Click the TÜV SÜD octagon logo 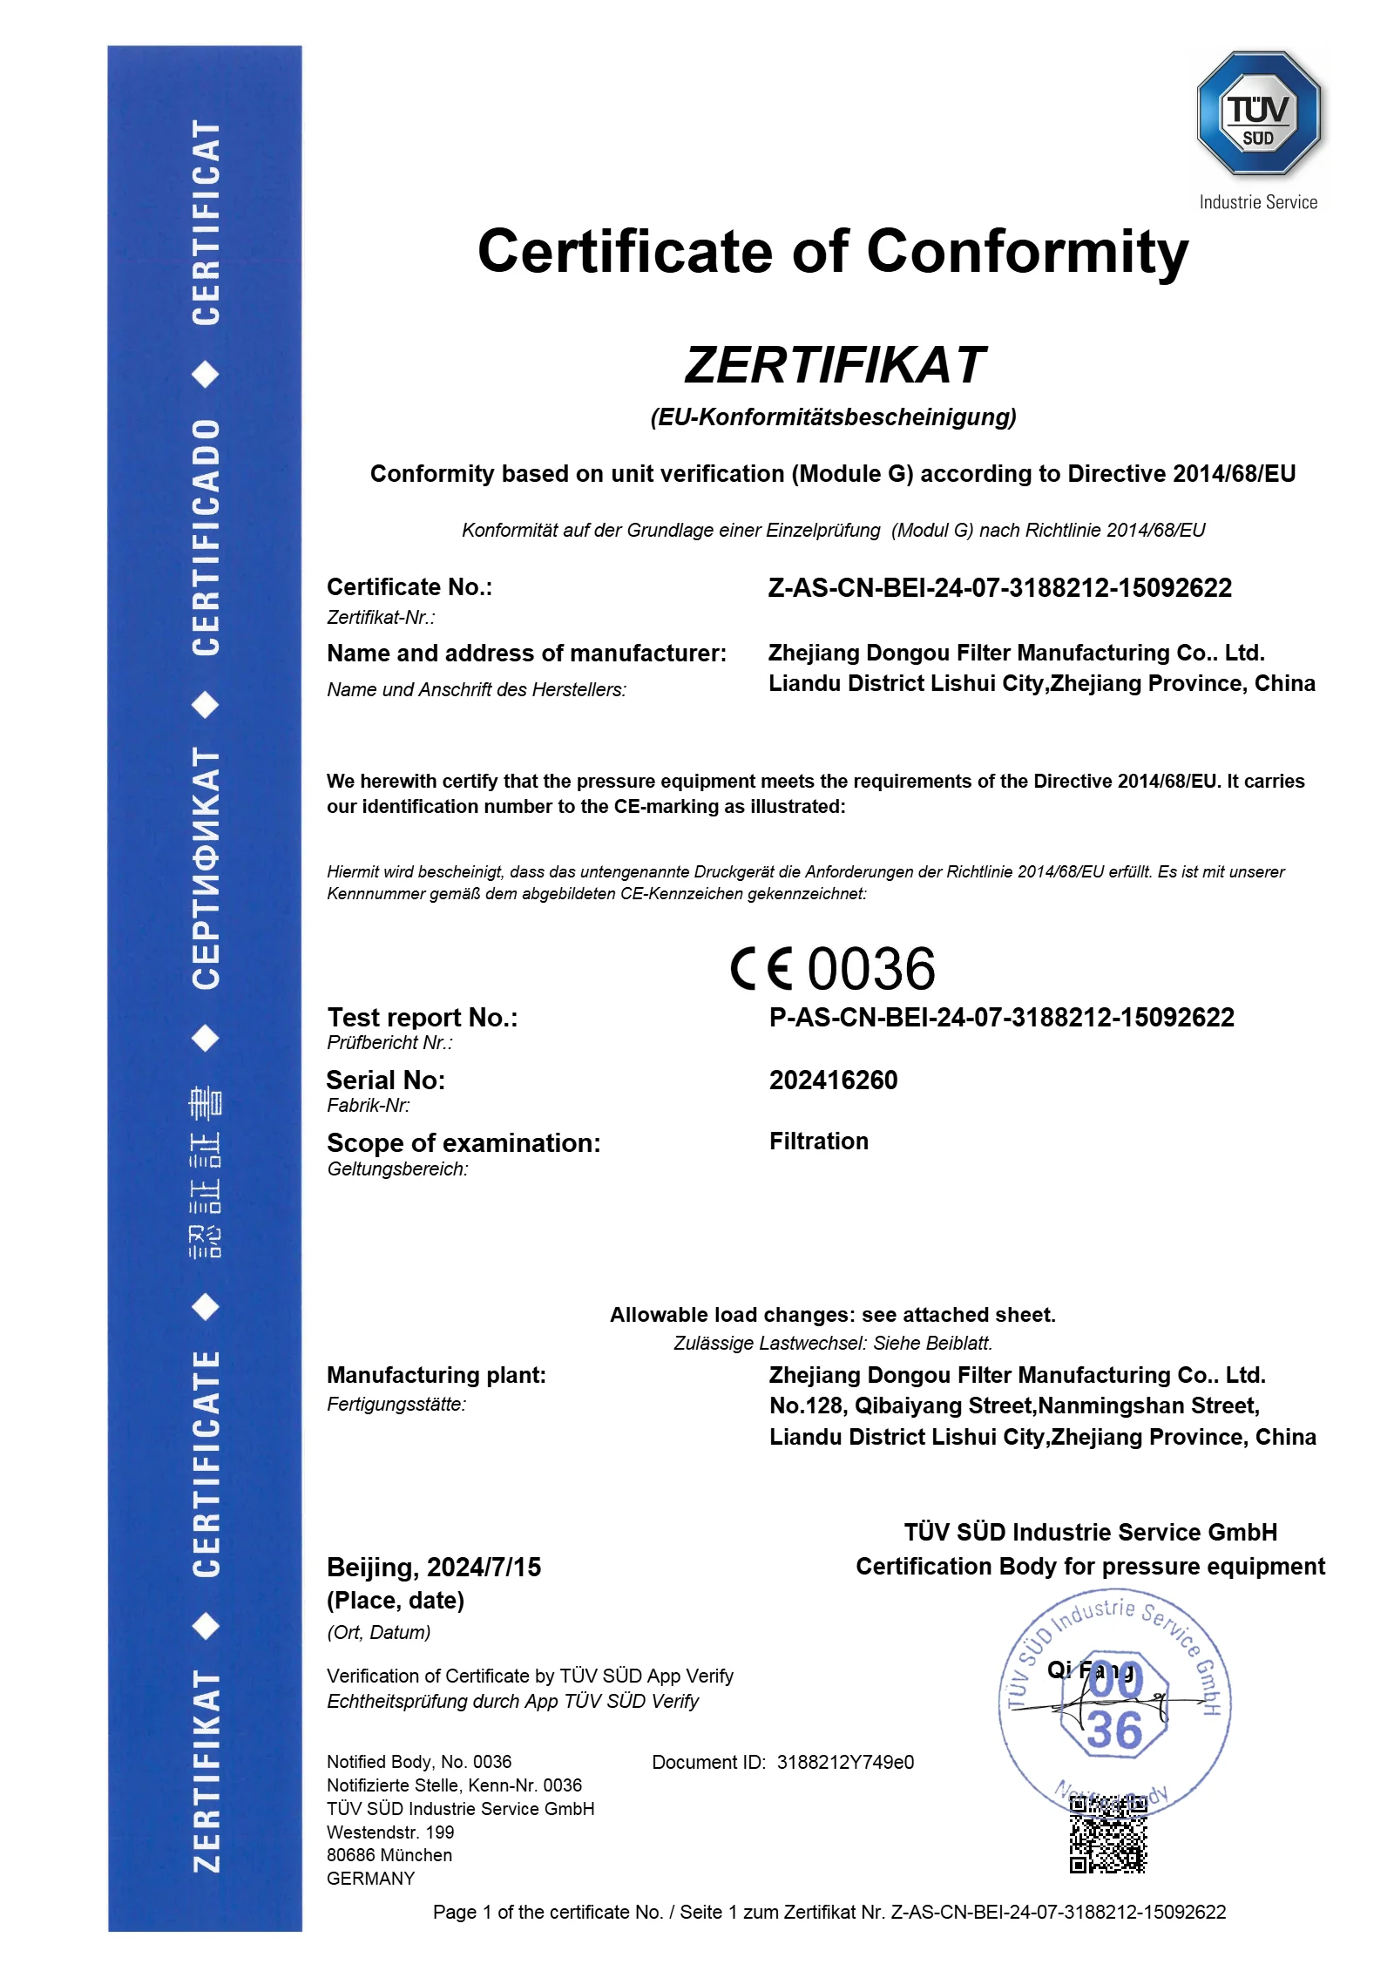(1258, 114)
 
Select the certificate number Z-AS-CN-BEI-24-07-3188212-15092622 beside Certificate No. (999, 588)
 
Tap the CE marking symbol (761, 969)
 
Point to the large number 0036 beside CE (871, 969)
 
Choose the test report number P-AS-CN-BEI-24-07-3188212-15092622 (1001, 1017)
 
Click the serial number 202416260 (833, 1080)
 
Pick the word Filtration (818, 1141)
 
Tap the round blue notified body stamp (1114, 1703)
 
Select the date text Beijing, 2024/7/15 (433, 1568)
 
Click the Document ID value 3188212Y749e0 (845, 1762)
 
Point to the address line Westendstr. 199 (390, 1832)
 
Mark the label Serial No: (385, 1080)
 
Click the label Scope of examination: (464, 1143)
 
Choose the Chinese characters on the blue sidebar (206, 1173)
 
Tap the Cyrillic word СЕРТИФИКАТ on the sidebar (206, 868)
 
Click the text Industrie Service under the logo (1257, 202)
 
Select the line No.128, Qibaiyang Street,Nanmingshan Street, (1014, 1405)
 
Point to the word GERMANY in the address (370, 1879)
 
